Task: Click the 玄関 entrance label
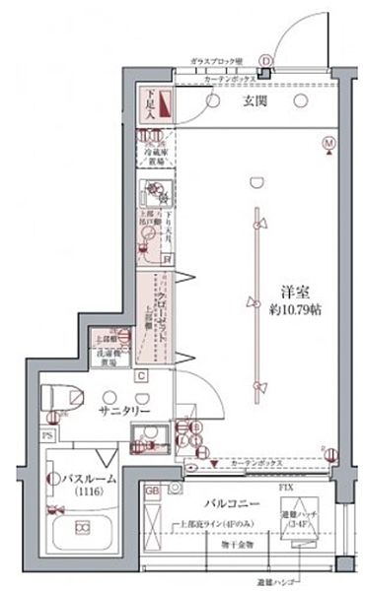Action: (245, 100)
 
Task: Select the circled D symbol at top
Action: (265, 60)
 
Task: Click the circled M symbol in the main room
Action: (328, 144)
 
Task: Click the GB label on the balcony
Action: (152, 490)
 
